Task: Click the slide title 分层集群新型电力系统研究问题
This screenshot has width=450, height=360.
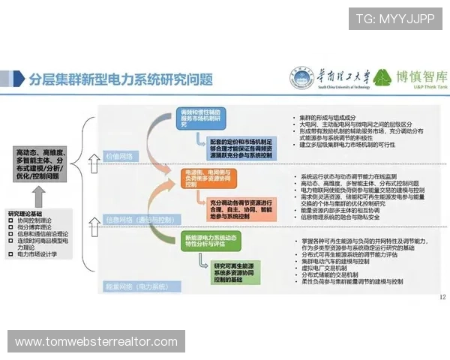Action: pyautogui.click(x=120, y=78)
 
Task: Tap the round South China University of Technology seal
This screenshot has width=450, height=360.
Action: pyautogui.click(x=298, y=78)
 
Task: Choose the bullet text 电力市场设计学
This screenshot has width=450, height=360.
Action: pyautogui.click(x=41, y=254)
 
